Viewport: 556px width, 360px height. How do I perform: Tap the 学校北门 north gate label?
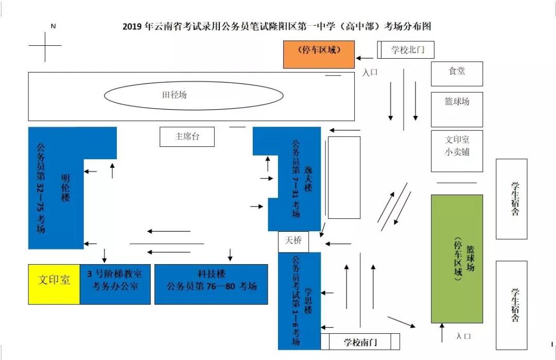[x=406, y=50]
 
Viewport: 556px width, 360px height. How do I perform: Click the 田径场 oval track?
[x=194, y=95]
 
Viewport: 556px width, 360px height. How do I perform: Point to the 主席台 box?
[x=187, y=136]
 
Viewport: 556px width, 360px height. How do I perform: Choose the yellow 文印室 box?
[x=54, y=284]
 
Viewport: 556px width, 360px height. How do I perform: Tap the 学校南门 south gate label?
[x=360, y=342]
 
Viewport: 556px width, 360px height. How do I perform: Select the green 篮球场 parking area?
[x=457, y=259]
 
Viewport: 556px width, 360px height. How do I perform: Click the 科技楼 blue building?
[x=211, y=284]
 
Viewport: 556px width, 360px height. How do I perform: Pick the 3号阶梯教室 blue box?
[x=115, y=284]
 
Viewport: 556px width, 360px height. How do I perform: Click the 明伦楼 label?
[x=65, y=187]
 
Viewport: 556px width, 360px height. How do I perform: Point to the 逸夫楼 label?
[x=308, y=178]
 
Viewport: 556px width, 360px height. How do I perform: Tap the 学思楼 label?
[x=308, y=301]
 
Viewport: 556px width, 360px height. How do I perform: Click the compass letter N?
[x=53, y=26]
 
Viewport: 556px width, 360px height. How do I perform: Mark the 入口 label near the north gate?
[x=370, y=73]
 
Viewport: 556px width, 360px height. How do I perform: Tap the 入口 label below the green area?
[x=463, y=336]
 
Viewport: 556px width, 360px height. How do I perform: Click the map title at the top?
[x=276, y=26]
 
